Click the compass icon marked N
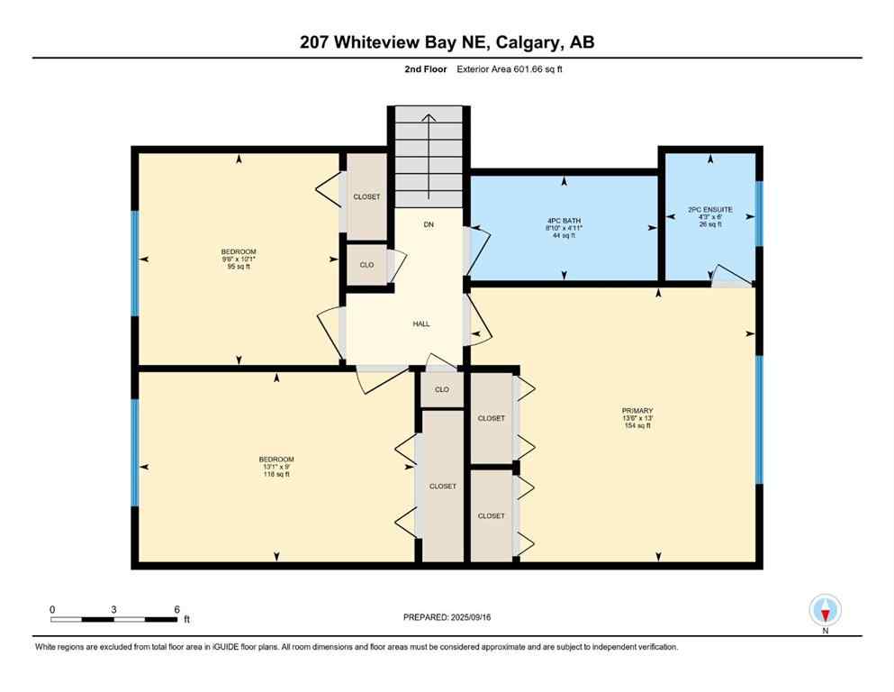(825, 611)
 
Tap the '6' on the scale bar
(177, 609)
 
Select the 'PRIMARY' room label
(637, 410)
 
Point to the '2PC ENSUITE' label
(709, 209)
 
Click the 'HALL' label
(421, 323)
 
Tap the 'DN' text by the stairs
(429, 223)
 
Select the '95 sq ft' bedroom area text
(239, 266)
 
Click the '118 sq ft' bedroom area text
(275, 474)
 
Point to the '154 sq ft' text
(637, 425)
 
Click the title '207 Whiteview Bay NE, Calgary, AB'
(447, 41)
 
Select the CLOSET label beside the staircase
(366, 196)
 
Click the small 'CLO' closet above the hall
(366, 265)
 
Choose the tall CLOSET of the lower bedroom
(442, 486)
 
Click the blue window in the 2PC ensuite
(758, 214)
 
